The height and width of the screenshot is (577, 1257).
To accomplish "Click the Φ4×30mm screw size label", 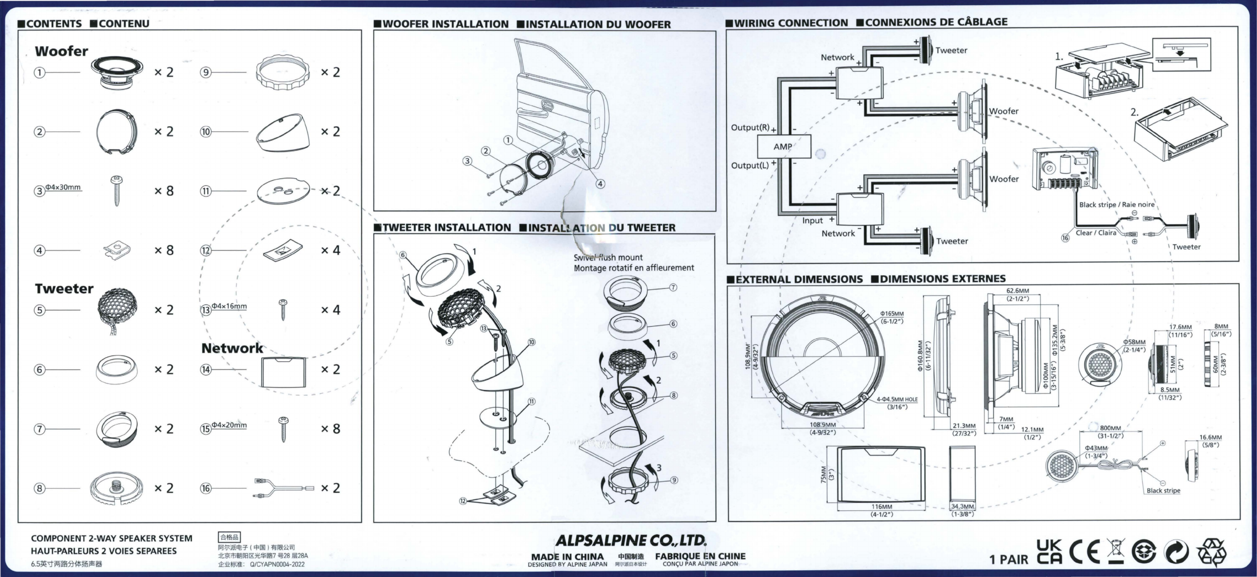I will click(x=63, y=187).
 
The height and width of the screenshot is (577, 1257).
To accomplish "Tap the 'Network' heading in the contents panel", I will click(x=232, y=348).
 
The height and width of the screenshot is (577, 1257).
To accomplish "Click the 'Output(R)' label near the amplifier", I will click(x=750, y=128).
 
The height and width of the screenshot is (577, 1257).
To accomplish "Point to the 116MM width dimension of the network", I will click(x=881, y=507).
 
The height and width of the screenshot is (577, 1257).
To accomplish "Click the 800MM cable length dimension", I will click(x=1110, y=428).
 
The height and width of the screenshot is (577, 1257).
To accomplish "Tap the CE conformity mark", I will click(x=1085, y=552).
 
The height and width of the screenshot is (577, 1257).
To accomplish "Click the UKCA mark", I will click(x=1049, y=552).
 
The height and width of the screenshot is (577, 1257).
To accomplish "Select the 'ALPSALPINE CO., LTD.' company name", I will click(x=630, y=540).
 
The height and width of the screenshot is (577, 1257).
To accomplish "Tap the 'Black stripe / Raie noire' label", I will click(x=1116, y=204).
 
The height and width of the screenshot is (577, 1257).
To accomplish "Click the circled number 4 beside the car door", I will click(x=600, y=184).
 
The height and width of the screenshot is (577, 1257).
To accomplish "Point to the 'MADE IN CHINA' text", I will click(x=567, y=556).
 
